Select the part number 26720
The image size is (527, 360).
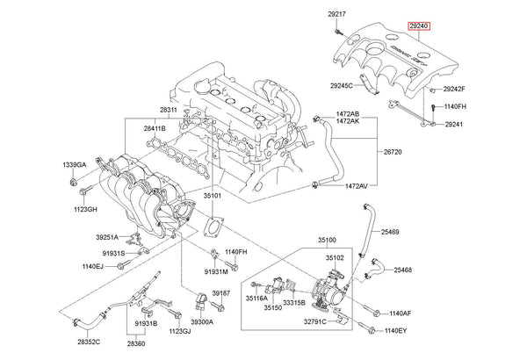tap(392, 152)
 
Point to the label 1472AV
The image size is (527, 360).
tap(356, 186)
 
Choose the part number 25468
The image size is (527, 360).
tap(408, 270)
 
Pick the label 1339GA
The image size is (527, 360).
tap(75, 165)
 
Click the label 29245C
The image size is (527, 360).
tap(341, 86)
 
